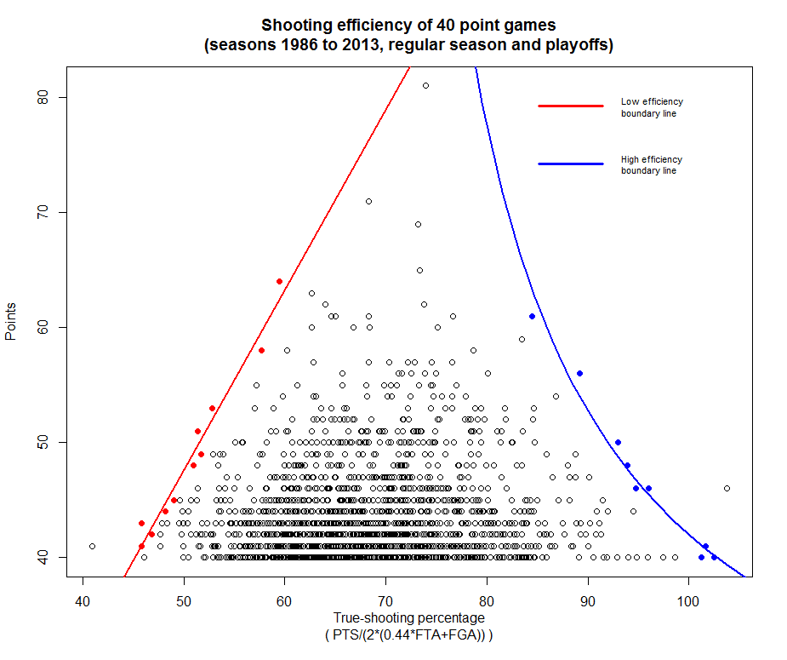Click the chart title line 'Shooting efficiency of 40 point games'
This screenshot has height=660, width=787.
[x=408, y=26]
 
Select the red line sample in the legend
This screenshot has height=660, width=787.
[x=570, y=106]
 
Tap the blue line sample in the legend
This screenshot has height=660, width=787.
[x=570, y=163]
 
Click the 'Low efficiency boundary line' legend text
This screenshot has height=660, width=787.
[x=652, y=107]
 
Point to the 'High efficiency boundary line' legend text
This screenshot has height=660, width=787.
[x=652, y=164]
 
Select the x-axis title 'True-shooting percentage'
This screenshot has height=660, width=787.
[x=408, y=618]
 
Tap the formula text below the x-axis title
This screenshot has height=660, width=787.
[x=408, y=635]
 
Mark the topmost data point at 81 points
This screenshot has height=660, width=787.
[x=425, y=85]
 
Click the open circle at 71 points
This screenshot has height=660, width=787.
[x=368, y=201]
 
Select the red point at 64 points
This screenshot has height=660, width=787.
[x=279, y=281]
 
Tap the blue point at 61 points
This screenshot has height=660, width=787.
[x=532, y=316]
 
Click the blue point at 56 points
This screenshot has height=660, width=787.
[x=579, y=373]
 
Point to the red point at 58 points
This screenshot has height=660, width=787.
[x=261, y=350]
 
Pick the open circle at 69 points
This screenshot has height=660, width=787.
[x=418, y=224]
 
